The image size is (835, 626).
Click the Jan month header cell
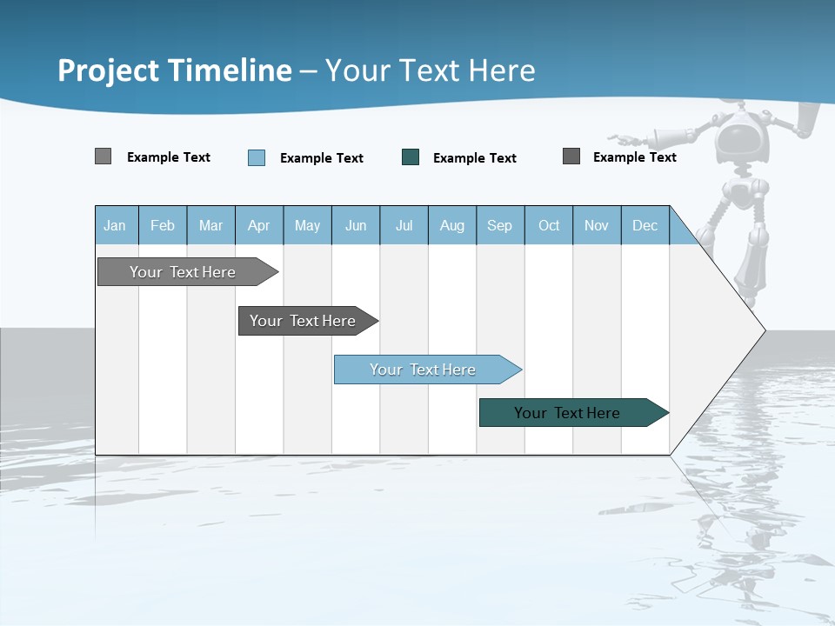click(x=116, y=225)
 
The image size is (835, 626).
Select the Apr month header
click(x=259, y=225)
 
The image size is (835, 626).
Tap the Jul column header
click(x=404, y=225)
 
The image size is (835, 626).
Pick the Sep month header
click(x=499, y=225)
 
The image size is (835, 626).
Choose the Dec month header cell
click(x=645, y=225)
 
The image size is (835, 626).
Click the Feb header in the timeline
click(x=163, y=225)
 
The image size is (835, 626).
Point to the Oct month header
click(x=549, y=225)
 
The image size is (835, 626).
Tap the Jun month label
click(x=356, y=225)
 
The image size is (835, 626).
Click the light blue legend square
click(x=257, y=157)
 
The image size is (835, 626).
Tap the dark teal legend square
click(x=411, y=157)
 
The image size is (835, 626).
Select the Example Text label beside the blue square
click(x=321, y=158)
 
